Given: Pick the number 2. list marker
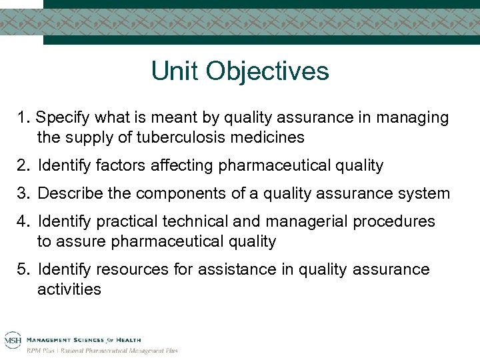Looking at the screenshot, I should [25, 165].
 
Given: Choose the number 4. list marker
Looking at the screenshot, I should [25, 221].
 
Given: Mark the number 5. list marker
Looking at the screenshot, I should [25, 269].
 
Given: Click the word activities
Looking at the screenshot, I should [69, 289].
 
